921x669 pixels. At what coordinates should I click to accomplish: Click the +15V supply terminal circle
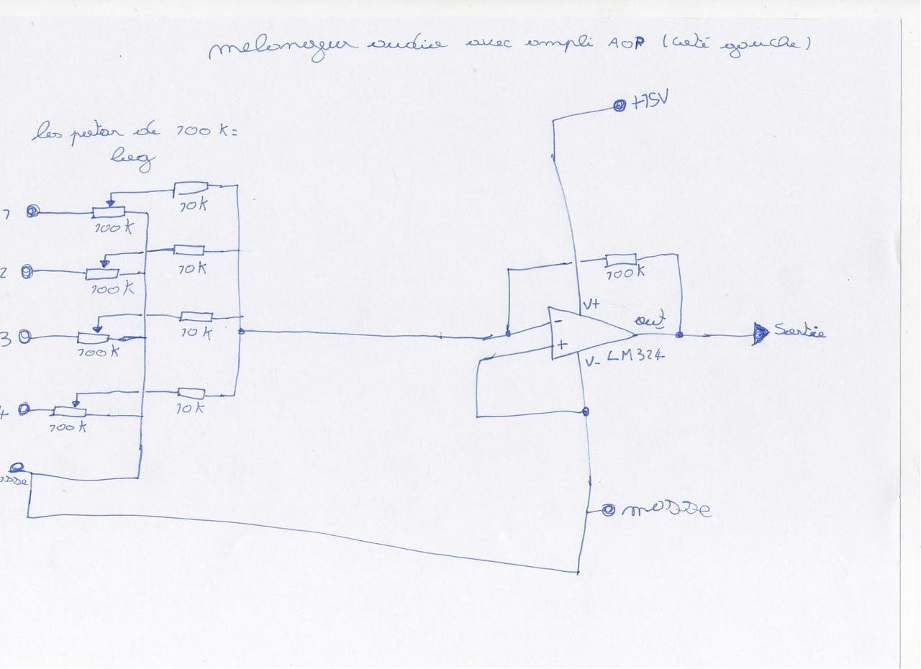click(x=619, y=106)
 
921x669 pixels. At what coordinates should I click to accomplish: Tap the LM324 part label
click(x=635, y=356)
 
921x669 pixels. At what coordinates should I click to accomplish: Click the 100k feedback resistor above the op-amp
click(x=620, y=260)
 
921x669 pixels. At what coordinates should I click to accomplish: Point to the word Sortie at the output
click(x=799, y=332)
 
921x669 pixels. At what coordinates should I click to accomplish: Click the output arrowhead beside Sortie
click(x=760, y=334)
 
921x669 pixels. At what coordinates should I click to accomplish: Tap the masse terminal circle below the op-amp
click(x=609, y=510)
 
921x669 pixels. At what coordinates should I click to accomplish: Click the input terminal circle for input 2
click(x=27, y=272)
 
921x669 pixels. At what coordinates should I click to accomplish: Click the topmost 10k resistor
click(x=191, y=188)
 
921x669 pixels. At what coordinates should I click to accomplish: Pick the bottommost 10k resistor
click(x=191, y=393)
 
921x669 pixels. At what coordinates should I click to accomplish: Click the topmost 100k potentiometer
click(x=109, y=211)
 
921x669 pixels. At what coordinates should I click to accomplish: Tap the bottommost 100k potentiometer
click(x=71, y=411)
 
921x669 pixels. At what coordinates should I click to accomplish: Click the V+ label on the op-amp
click(x=591, y=304)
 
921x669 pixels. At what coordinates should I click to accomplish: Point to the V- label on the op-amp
click(x=591, y=362)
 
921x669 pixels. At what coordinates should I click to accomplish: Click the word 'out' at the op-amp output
click(x=649, y=319)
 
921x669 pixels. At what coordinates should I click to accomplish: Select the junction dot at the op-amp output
click(x=679, y=334)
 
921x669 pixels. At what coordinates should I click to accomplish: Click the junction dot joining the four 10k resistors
click(x=240, y=331)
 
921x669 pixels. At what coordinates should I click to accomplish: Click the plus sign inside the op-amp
click(x=562, y=345)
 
